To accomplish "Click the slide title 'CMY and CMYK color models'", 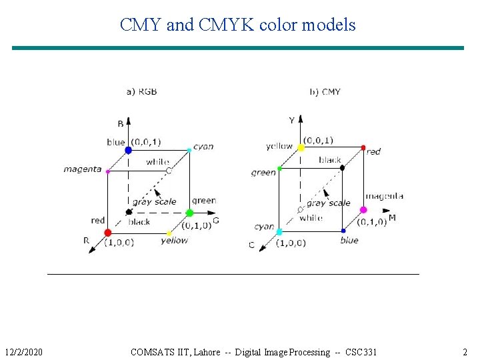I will pos(238,25).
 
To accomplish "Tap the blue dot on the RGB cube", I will pos(128,151).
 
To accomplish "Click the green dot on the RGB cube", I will pos(189,213).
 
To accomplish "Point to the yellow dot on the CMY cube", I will pos(301,147).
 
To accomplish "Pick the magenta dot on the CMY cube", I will pos(363,210).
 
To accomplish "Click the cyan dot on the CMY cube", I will pos(279,232).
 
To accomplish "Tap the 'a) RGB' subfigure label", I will pos(142,91).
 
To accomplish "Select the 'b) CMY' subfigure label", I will pos(325,91).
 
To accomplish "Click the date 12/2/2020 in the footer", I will pos(23,352).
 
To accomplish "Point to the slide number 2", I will pos(465,352).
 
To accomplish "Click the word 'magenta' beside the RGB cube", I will pos(83,169).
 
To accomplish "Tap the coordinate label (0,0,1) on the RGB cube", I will pos(146,142).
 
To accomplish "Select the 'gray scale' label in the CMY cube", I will pos(329,203).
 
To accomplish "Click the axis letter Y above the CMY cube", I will pos(291,121).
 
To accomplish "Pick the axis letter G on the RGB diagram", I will pos(215,221).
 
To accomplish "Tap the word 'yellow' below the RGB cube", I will pos(175,241).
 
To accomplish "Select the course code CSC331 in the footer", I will pos(361,352).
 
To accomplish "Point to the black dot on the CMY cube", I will pos(342,167).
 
